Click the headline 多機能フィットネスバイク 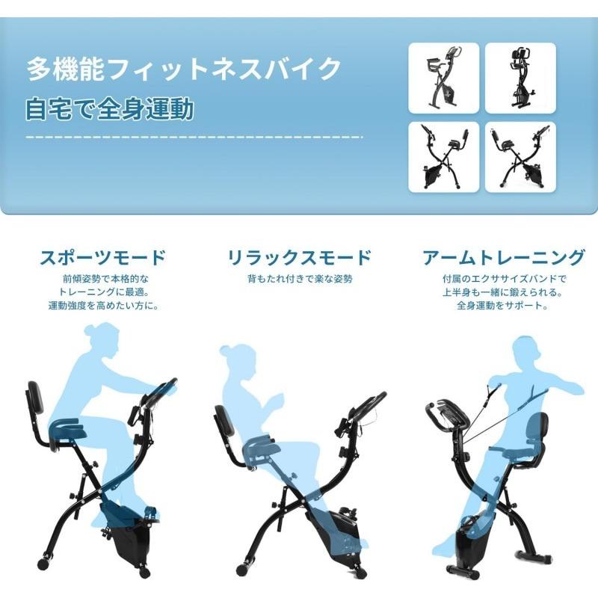184,70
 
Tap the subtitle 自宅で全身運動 109,109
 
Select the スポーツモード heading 103,259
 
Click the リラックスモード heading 299,259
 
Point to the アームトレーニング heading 503,259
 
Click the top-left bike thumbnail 443,78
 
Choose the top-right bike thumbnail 520,78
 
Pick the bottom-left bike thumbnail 443,156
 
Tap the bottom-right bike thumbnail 520,156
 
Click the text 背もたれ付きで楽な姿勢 299,279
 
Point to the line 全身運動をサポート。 503,306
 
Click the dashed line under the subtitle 194,138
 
